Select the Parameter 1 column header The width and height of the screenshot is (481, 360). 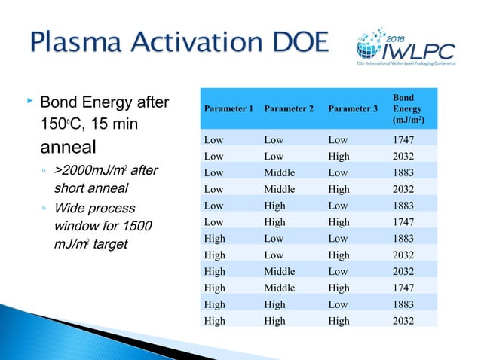click(228, 109)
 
